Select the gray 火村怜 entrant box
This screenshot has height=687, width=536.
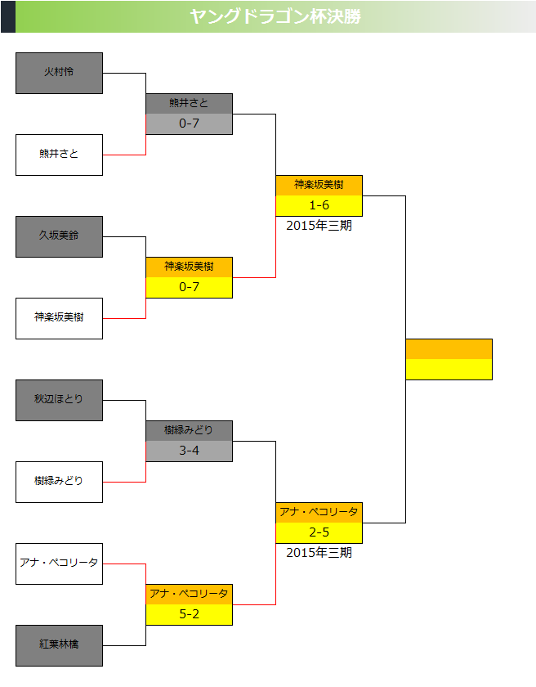[x=59, y=73]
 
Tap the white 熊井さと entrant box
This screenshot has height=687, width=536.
[x=59, y=155]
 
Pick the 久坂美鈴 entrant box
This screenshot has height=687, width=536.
[x=59, y=236]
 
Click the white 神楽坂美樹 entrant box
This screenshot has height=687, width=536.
[x=59, y=318]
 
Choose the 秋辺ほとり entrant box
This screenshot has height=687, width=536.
[x=59, y=400]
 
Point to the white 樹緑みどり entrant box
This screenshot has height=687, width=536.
[x=59, y=482]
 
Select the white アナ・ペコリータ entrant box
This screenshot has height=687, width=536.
[x=59, y=564]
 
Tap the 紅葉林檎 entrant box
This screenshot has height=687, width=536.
[x=59, y=645]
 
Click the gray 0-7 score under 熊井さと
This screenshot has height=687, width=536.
[x=189, y=123]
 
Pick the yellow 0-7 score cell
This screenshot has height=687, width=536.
[x=189, y=287]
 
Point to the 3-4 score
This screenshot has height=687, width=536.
[x=189, y=451]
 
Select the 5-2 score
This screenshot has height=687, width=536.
[x=189, y=614]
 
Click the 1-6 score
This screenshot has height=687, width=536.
[x=319, y=205]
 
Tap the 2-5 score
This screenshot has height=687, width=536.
[x=319, y=532]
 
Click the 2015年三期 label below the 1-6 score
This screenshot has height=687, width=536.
[x=319, y=226]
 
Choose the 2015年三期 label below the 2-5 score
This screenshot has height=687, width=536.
[x=319, y=553]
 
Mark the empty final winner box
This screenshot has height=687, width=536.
[x=449, y=359]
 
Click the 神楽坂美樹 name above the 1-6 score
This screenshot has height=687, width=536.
[x=319, y=185]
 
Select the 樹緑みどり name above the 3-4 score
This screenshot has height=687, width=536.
[x=189, y=430]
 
